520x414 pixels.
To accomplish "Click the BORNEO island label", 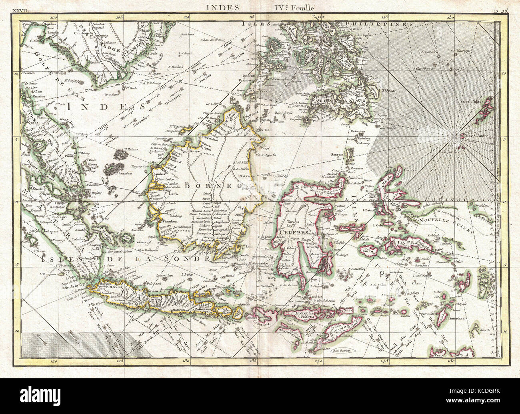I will click(212, 186).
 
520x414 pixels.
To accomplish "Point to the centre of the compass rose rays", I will click(456, 137).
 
